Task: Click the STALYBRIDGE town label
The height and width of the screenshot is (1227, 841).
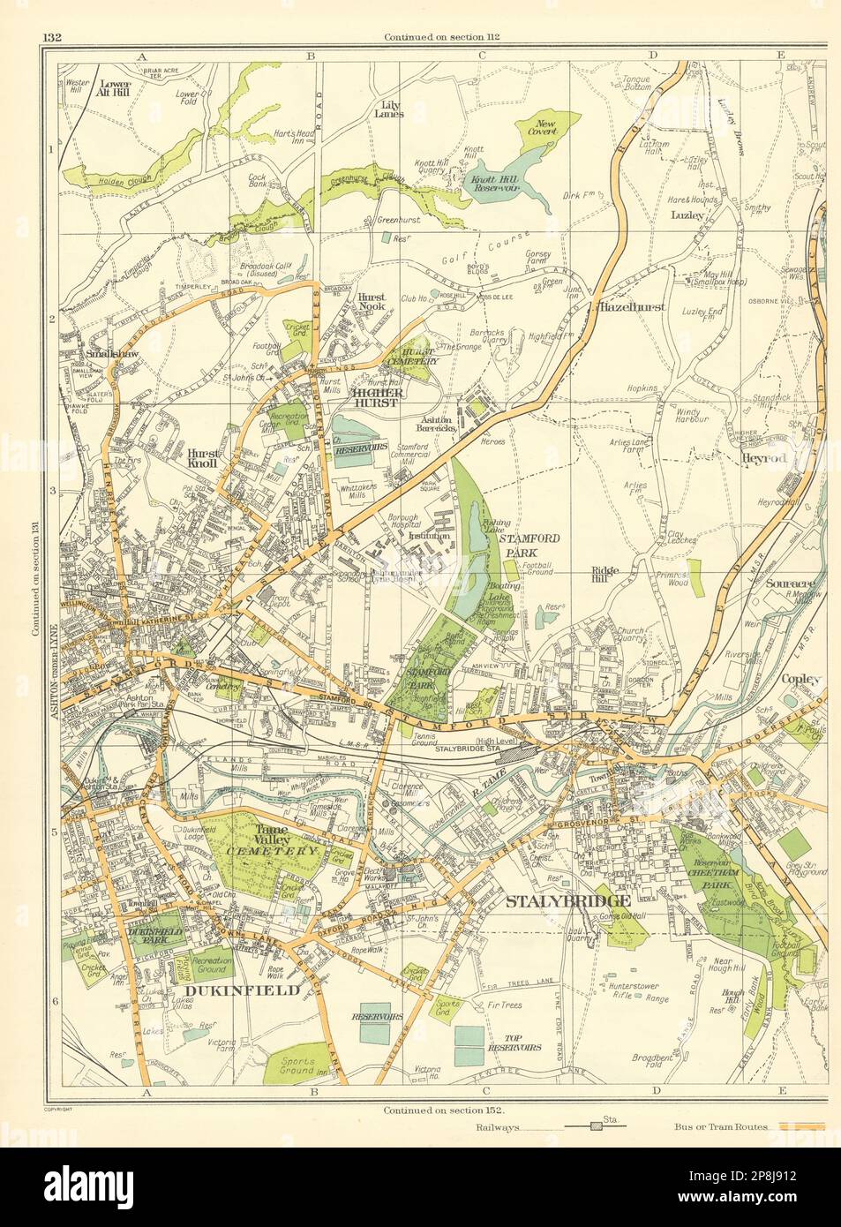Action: coord(568,901)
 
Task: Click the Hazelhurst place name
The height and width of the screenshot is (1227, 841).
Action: coord(631,308)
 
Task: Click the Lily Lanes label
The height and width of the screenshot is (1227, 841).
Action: coord(388,109)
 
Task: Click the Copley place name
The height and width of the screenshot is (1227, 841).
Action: coord(777,679)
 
